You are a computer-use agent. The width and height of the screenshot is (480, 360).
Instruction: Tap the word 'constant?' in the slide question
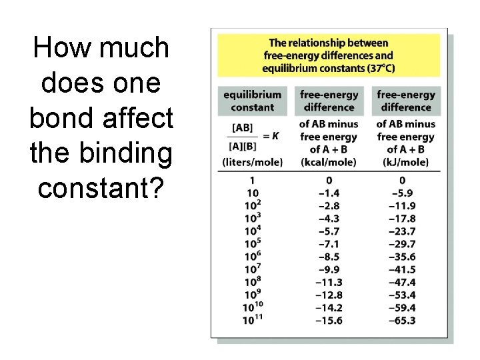coord(101,189)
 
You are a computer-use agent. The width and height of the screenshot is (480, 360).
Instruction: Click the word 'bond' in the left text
coord(62,119)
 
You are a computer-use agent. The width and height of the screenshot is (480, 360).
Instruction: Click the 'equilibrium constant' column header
coord(252,101)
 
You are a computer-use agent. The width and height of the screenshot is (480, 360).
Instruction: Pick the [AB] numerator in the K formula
coord(243,127)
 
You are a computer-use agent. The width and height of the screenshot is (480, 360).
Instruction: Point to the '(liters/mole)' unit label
coord(252,162)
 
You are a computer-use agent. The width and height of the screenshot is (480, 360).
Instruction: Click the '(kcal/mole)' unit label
coord(329,162)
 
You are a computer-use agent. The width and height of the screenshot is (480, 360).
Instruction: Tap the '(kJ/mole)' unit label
coord(405,162)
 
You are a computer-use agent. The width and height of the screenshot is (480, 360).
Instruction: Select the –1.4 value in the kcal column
coord(329,193)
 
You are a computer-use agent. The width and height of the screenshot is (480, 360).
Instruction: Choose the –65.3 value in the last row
coord(402,321)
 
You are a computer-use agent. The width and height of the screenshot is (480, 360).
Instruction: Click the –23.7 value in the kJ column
coord(402,231)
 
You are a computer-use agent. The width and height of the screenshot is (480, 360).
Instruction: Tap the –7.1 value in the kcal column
coord(329,244)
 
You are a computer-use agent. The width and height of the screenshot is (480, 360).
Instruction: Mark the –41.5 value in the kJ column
coord(402,269)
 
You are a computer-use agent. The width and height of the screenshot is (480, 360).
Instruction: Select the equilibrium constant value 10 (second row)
coord(252,193)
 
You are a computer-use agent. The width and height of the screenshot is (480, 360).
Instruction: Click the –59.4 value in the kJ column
coord(402,307)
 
